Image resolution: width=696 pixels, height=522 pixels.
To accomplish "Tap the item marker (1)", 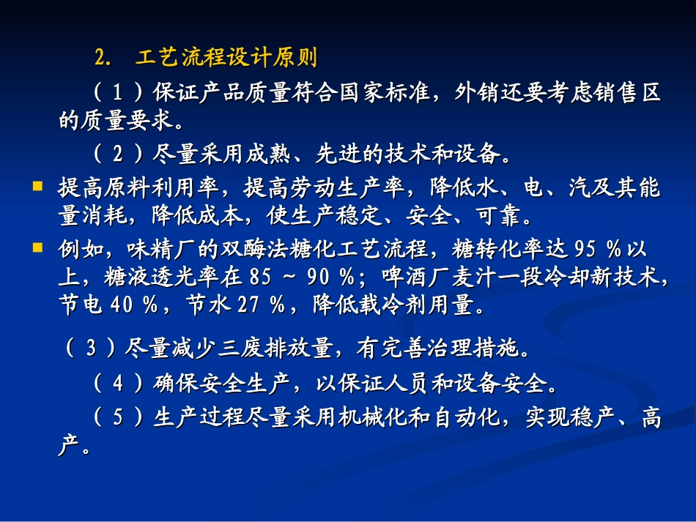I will [x=118, y=94].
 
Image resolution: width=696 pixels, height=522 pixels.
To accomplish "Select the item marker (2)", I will [x=118, y=154].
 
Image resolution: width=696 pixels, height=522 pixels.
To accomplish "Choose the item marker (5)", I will [x=118, y=418].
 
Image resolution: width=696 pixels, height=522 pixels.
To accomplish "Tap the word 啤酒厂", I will [x=432, y=277].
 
